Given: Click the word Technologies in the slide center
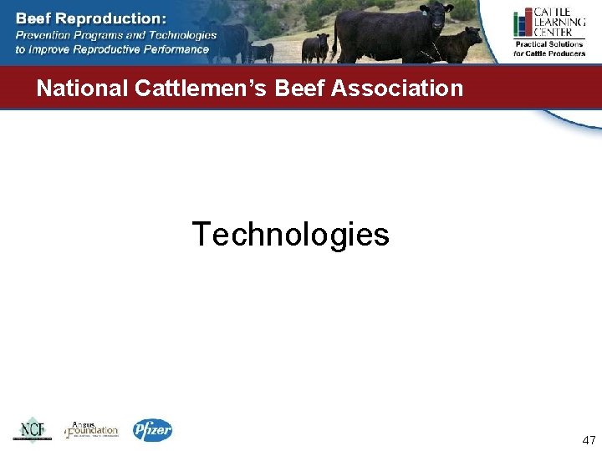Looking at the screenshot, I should [290, 235].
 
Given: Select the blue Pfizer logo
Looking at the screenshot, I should [152, 430].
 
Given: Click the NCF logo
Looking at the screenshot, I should [32, 430].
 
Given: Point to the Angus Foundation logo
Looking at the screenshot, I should [92, 430].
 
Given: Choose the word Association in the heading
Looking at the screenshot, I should [397, 88].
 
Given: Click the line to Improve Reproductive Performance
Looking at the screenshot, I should [112, 49].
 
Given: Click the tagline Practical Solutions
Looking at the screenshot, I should [549, 44].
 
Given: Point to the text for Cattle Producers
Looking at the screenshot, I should [549, 53].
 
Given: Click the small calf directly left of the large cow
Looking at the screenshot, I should [315, 47].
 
